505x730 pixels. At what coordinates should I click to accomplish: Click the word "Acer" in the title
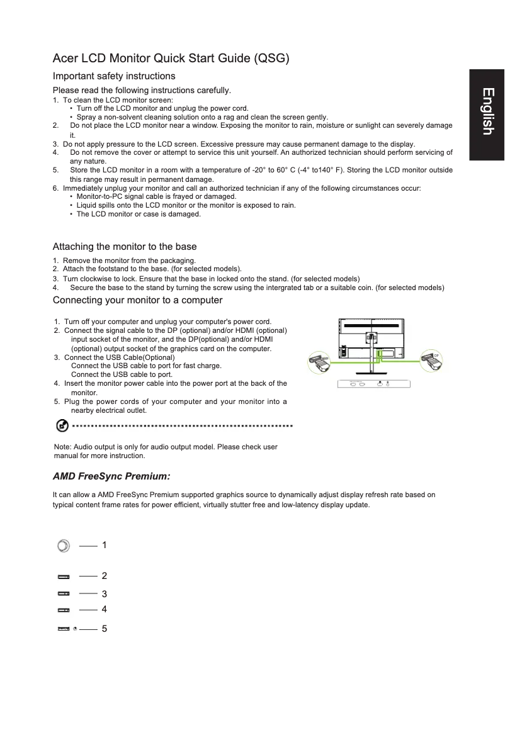coord(65,59)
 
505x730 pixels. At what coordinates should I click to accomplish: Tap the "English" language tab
coord(487,112)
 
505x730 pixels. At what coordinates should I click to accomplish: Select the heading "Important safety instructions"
coord(113,76)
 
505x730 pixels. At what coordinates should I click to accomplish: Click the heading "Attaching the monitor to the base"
coord(124,247)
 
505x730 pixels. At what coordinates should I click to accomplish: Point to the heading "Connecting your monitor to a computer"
coord(137,300)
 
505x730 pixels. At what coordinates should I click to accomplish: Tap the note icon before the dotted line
coord(62,426)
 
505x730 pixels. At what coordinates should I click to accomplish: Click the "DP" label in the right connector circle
coord(436,355)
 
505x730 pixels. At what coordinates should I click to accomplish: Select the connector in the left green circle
coord(319,364)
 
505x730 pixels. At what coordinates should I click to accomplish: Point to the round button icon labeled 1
coord(63,546)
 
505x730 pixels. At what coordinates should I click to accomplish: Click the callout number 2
coord(105,576)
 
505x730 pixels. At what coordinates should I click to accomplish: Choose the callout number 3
coord(105,593)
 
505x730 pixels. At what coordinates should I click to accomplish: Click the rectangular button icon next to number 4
coord(64,610)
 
